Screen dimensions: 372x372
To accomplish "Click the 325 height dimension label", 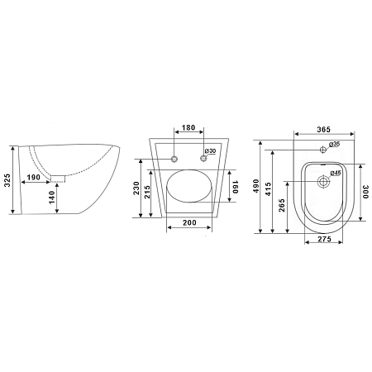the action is pyautogui.click(x=7, y=180).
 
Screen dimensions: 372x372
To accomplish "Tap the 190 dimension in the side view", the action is pyautogui.click(x=34, y=177).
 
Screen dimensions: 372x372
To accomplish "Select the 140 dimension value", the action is pyautogui.click(x=51, y=198).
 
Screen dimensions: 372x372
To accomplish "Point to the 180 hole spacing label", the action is pyautogui.click(x=188, y=127).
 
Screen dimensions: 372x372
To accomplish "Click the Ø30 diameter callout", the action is pyautogui.click(x=211, y=151).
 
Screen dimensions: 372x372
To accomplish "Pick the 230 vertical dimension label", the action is pyautogui.click(x=136, y=188).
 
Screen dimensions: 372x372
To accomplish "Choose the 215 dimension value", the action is pyautogui.click(x=147, y=192).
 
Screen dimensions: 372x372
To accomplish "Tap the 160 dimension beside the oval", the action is pyautogui.click(x=235, y=187).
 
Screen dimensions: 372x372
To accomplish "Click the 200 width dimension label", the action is pyautogui.click(x=189, y=222).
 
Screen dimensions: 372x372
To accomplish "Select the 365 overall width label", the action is pyautogui.click(x=323, y=129).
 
